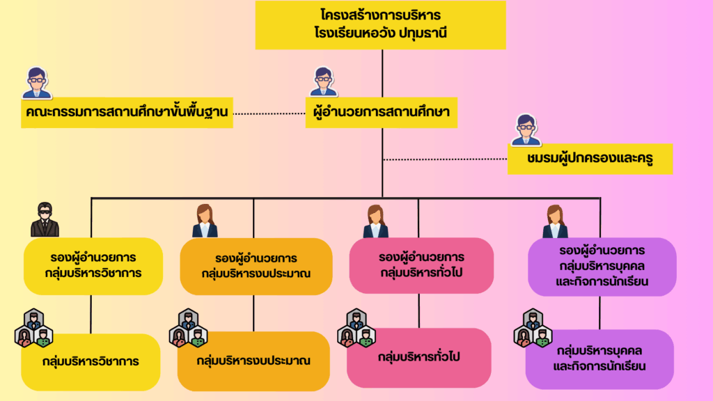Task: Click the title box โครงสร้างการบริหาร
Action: (381, 24)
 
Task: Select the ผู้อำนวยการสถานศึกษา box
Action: (381, 112)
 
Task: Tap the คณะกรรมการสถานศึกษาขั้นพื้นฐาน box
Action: (127, 112)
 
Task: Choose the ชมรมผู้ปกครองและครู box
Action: (590, 159)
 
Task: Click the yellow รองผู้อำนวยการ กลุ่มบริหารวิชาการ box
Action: (93, 266)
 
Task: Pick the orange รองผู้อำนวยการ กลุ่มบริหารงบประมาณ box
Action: (256, 267)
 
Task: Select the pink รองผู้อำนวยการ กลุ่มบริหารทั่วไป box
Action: (421, 265)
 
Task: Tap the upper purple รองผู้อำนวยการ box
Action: (602, 267)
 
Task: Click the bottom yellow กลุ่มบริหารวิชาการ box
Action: (91, 362)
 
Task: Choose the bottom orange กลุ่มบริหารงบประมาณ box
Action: (253, 361)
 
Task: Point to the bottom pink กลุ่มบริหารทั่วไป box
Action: (418, 358)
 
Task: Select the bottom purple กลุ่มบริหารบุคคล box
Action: (600, 359)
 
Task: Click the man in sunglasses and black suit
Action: (45, 219)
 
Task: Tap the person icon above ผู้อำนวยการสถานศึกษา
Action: (323, 82)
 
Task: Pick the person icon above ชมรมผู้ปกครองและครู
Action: (526, 129)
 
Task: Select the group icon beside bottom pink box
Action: (356, 329)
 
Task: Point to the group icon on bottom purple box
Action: (533, 329)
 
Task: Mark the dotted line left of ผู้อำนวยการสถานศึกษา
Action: (269, 113)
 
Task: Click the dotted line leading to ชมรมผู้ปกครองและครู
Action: (445, 159)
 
